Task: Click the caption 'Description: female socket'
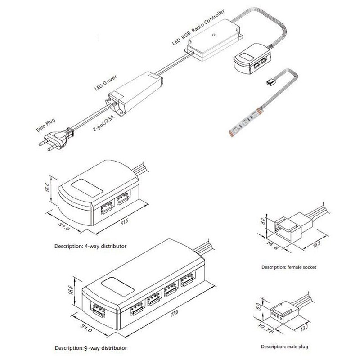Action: point(289,267)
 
